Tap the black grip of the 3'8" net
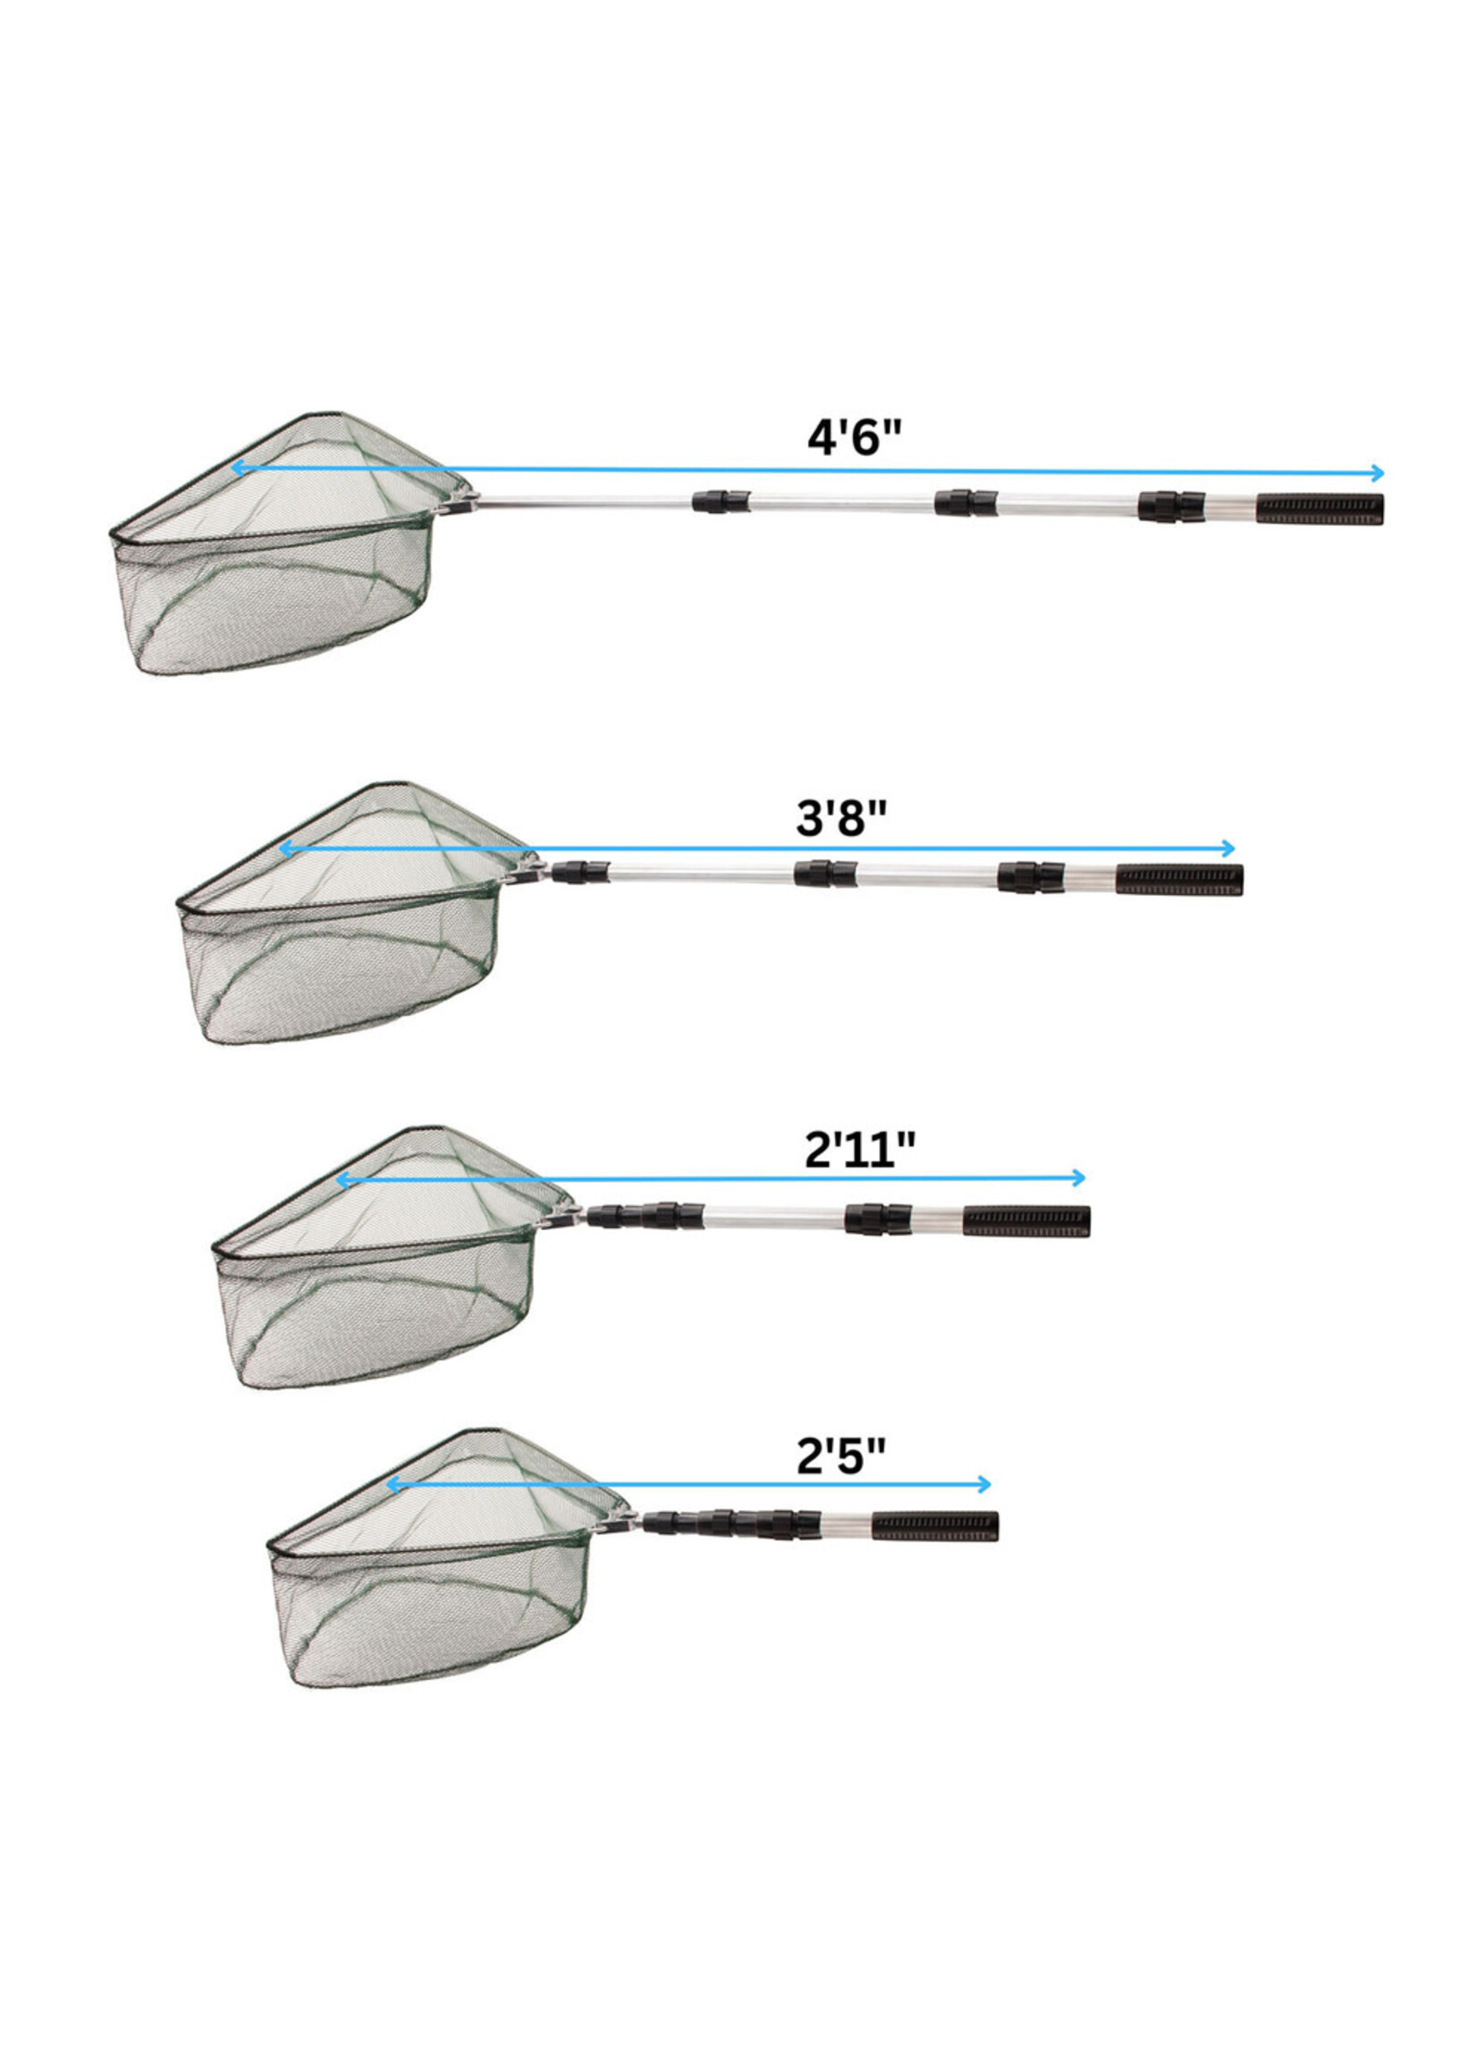coord(1179,881)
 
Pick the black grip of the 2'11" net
coord(1025,1221)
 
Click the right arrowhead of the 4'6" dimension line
coord(1379,473)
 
